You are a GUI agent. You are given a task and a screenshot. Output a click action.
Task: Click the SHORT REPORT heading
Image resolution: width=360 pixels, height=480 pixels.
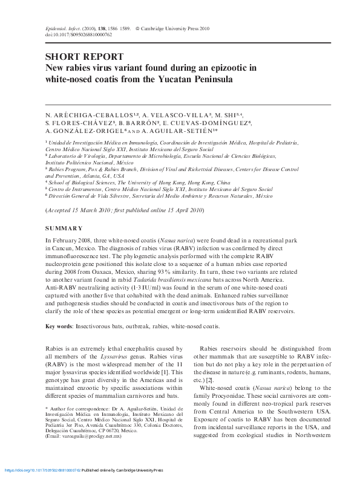(84, 57)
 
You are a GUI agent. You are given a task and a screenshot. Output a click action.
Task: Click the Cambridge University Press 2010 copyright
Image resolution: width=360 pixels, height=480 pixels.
(176, 28)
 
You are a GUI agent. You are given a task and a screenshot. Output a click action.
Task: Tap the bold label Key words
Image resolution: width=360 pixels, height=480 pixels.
(59, 326)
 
